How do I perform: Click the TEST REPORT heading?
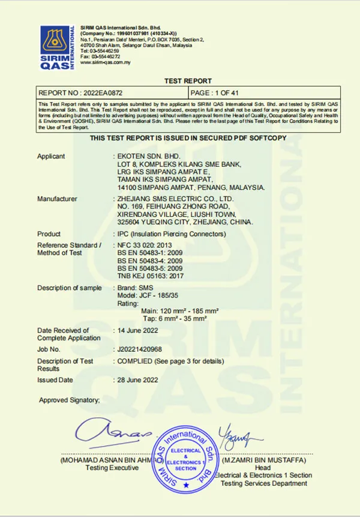(x=188, y=81)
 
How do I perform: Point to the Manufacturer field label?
(x=57, y=199)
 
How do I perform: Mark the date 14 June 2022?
(x=137, y=330)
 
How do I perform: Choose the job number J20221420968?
(x=140, y=349)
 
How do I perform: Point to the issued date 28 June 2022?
(x=137, y=379)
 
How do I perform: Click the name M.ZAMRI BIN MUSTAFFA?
(x=264, y=461)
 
